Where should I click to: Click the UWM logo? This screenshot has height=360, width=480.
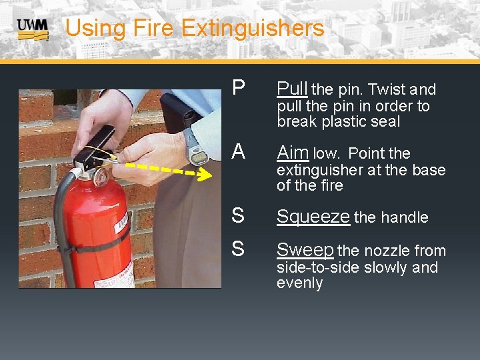tap(33, 30)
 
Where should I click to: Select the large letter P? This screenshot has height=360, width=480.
tap(239, 87)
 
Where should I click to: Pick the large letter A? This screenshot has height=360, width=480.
tap(239, 151)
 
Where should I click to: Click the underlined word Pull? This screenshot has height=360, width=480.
tap(293, 89)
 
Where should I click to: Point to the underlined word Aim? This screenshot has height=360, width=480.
tap(293, 153)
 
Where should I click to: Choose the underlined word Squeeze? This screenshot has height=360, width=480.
tap(313, 217)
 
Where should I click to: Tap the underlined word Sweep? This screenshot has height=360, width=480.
tap(305, 251)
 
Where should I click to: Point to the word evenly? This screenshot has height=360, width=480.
tap(300, 283)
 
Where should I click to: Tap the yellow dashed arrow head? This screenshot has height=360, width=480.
tap(205, 174)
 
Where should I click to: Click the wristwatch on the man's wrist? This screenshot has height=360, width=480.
tap(195, 147)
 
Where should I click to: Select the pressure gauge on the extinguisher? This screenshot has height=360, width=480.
tap(101, 177)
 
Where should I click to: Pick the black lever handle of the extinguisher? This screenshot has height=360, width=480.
tap(94, 145)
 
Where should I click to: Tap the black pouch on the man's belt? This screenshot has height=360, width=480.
tap(179, 112)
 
